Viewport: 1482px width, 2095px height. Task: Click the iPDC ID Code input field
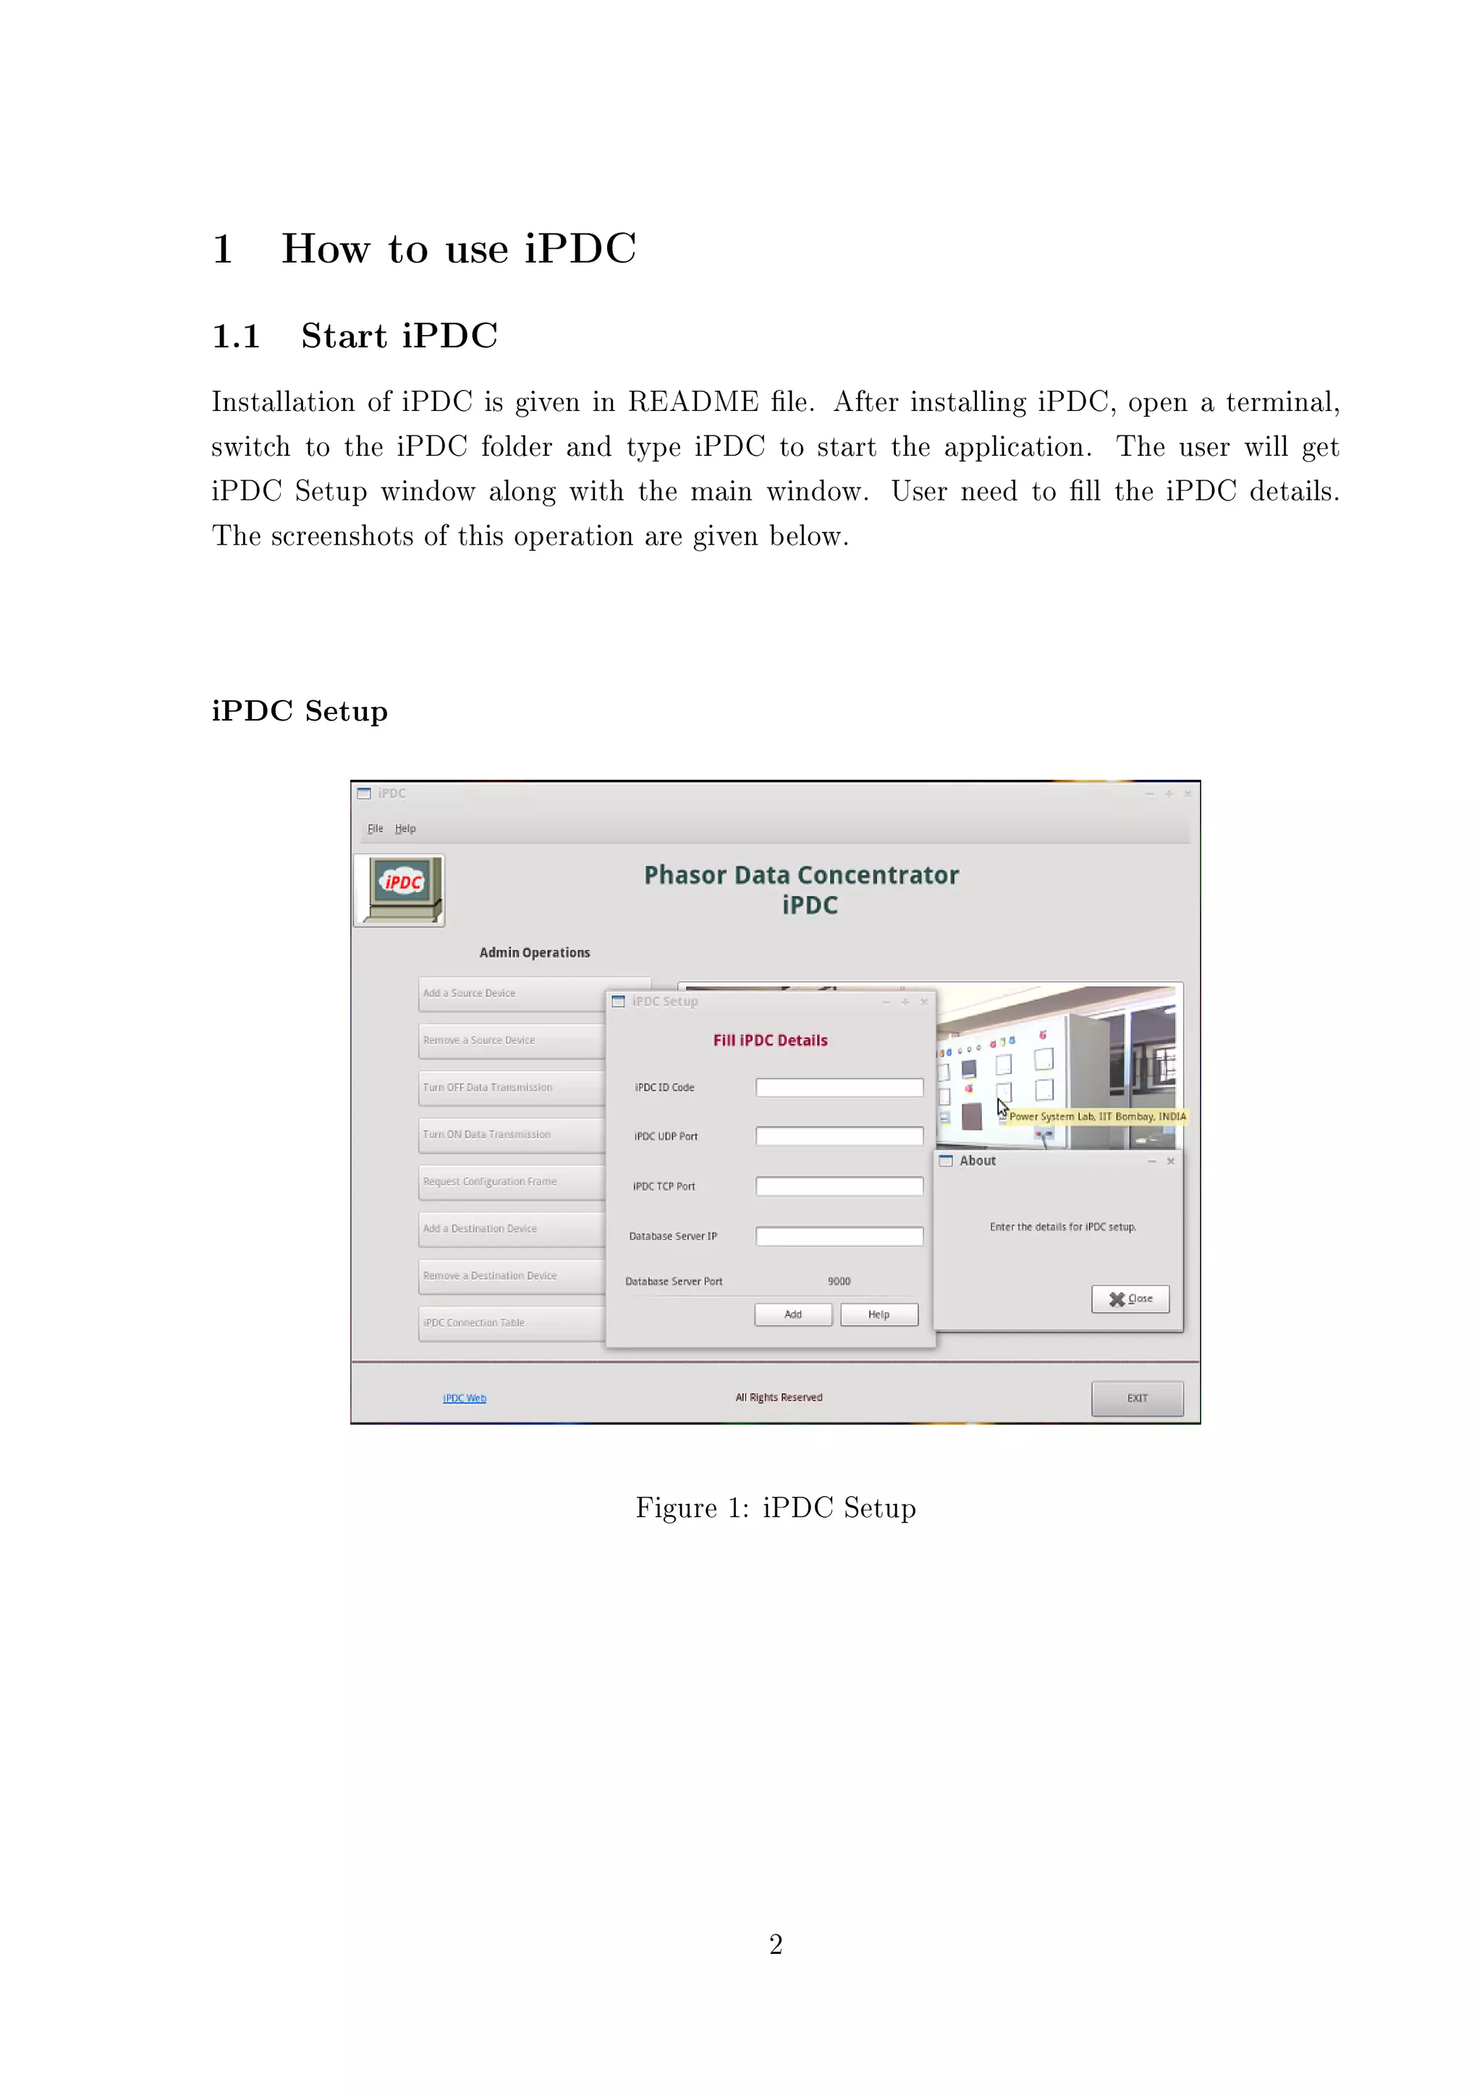coord(839,1087)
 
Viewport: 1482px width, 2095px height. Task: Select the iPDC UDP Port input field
coord(839,1136)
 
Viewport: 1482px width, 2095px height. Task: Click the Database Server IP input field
coord(839,1236)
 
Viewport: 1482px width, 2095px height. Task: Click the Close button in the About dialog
coord(1130,1299)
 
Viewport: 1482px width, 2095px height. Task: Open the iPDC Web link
coord(465,1398)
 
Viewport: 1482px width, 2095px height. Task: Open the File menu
coord(375,828)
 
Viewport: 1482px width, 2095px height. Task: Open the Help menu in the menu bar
coord(405,828)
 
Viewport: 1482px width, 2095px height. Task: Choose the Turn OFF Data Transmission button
coord(511,1087)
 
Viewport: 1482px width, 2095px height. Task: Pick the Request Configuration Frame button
coord(511,1181)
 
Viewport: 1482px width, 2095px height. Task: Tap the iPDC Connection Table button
coord(511,1323)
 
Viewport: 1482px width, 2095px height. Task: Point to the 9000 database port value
coord(839,1281)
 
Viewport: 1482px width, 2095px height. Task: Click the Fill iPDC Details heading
coord(770,1040)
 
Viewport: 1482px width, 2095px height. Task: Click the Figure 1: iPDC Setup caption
coord(776,1508)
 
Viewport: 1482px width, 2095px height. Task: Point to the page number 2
coord(776,1945)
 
